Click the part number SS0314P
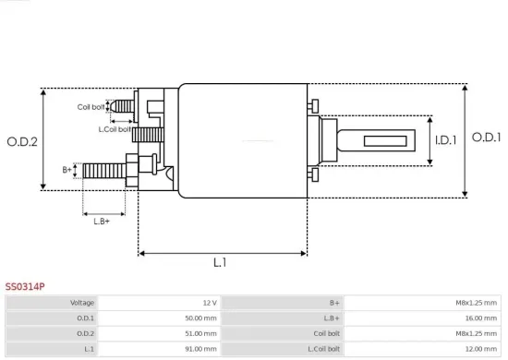[25, 286]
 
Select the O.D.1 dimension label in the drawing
[485, 138]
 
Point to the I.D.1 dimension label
[446, 140]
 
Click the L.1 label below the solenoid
[220, 263]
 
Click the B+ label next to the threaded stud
[67, 170]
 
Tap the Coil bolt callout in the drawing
[91, 107]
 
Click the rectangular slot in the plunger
[381, 141]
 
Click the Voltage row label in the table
[82, 303]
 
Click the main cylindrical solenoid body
[242, 140]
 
